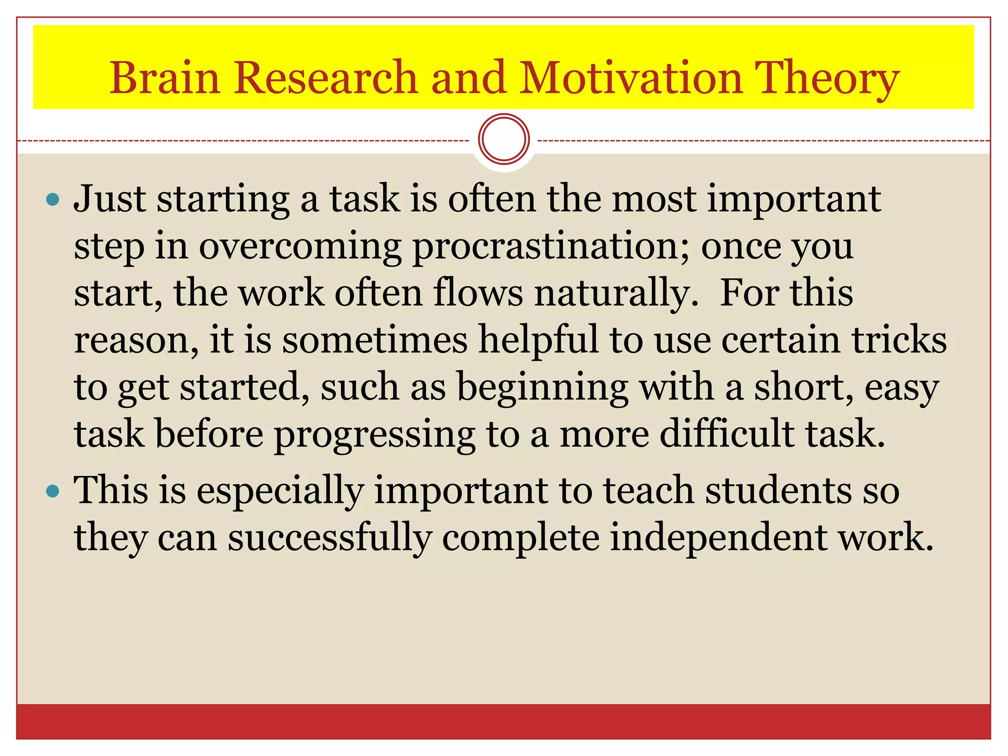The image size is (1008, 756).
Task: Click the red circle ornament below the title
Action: pyautogui.click(x=504, y=139)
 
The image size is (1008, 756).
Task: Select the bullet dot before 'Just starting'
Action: pyautogui.click(x=52, y=200)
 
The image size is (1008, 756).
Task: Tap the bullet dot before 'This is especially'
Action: pyautogui.click(x=52, y=491)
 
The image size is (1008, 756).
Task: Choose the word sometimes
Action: pyautogui.click(x=375, y=340)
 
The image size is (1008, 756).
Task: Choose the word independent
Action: pyautogui.click(x=719, y=539)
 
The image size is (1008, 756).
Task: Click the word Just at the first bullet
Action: pyautogui.click(x=110, y=200)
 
